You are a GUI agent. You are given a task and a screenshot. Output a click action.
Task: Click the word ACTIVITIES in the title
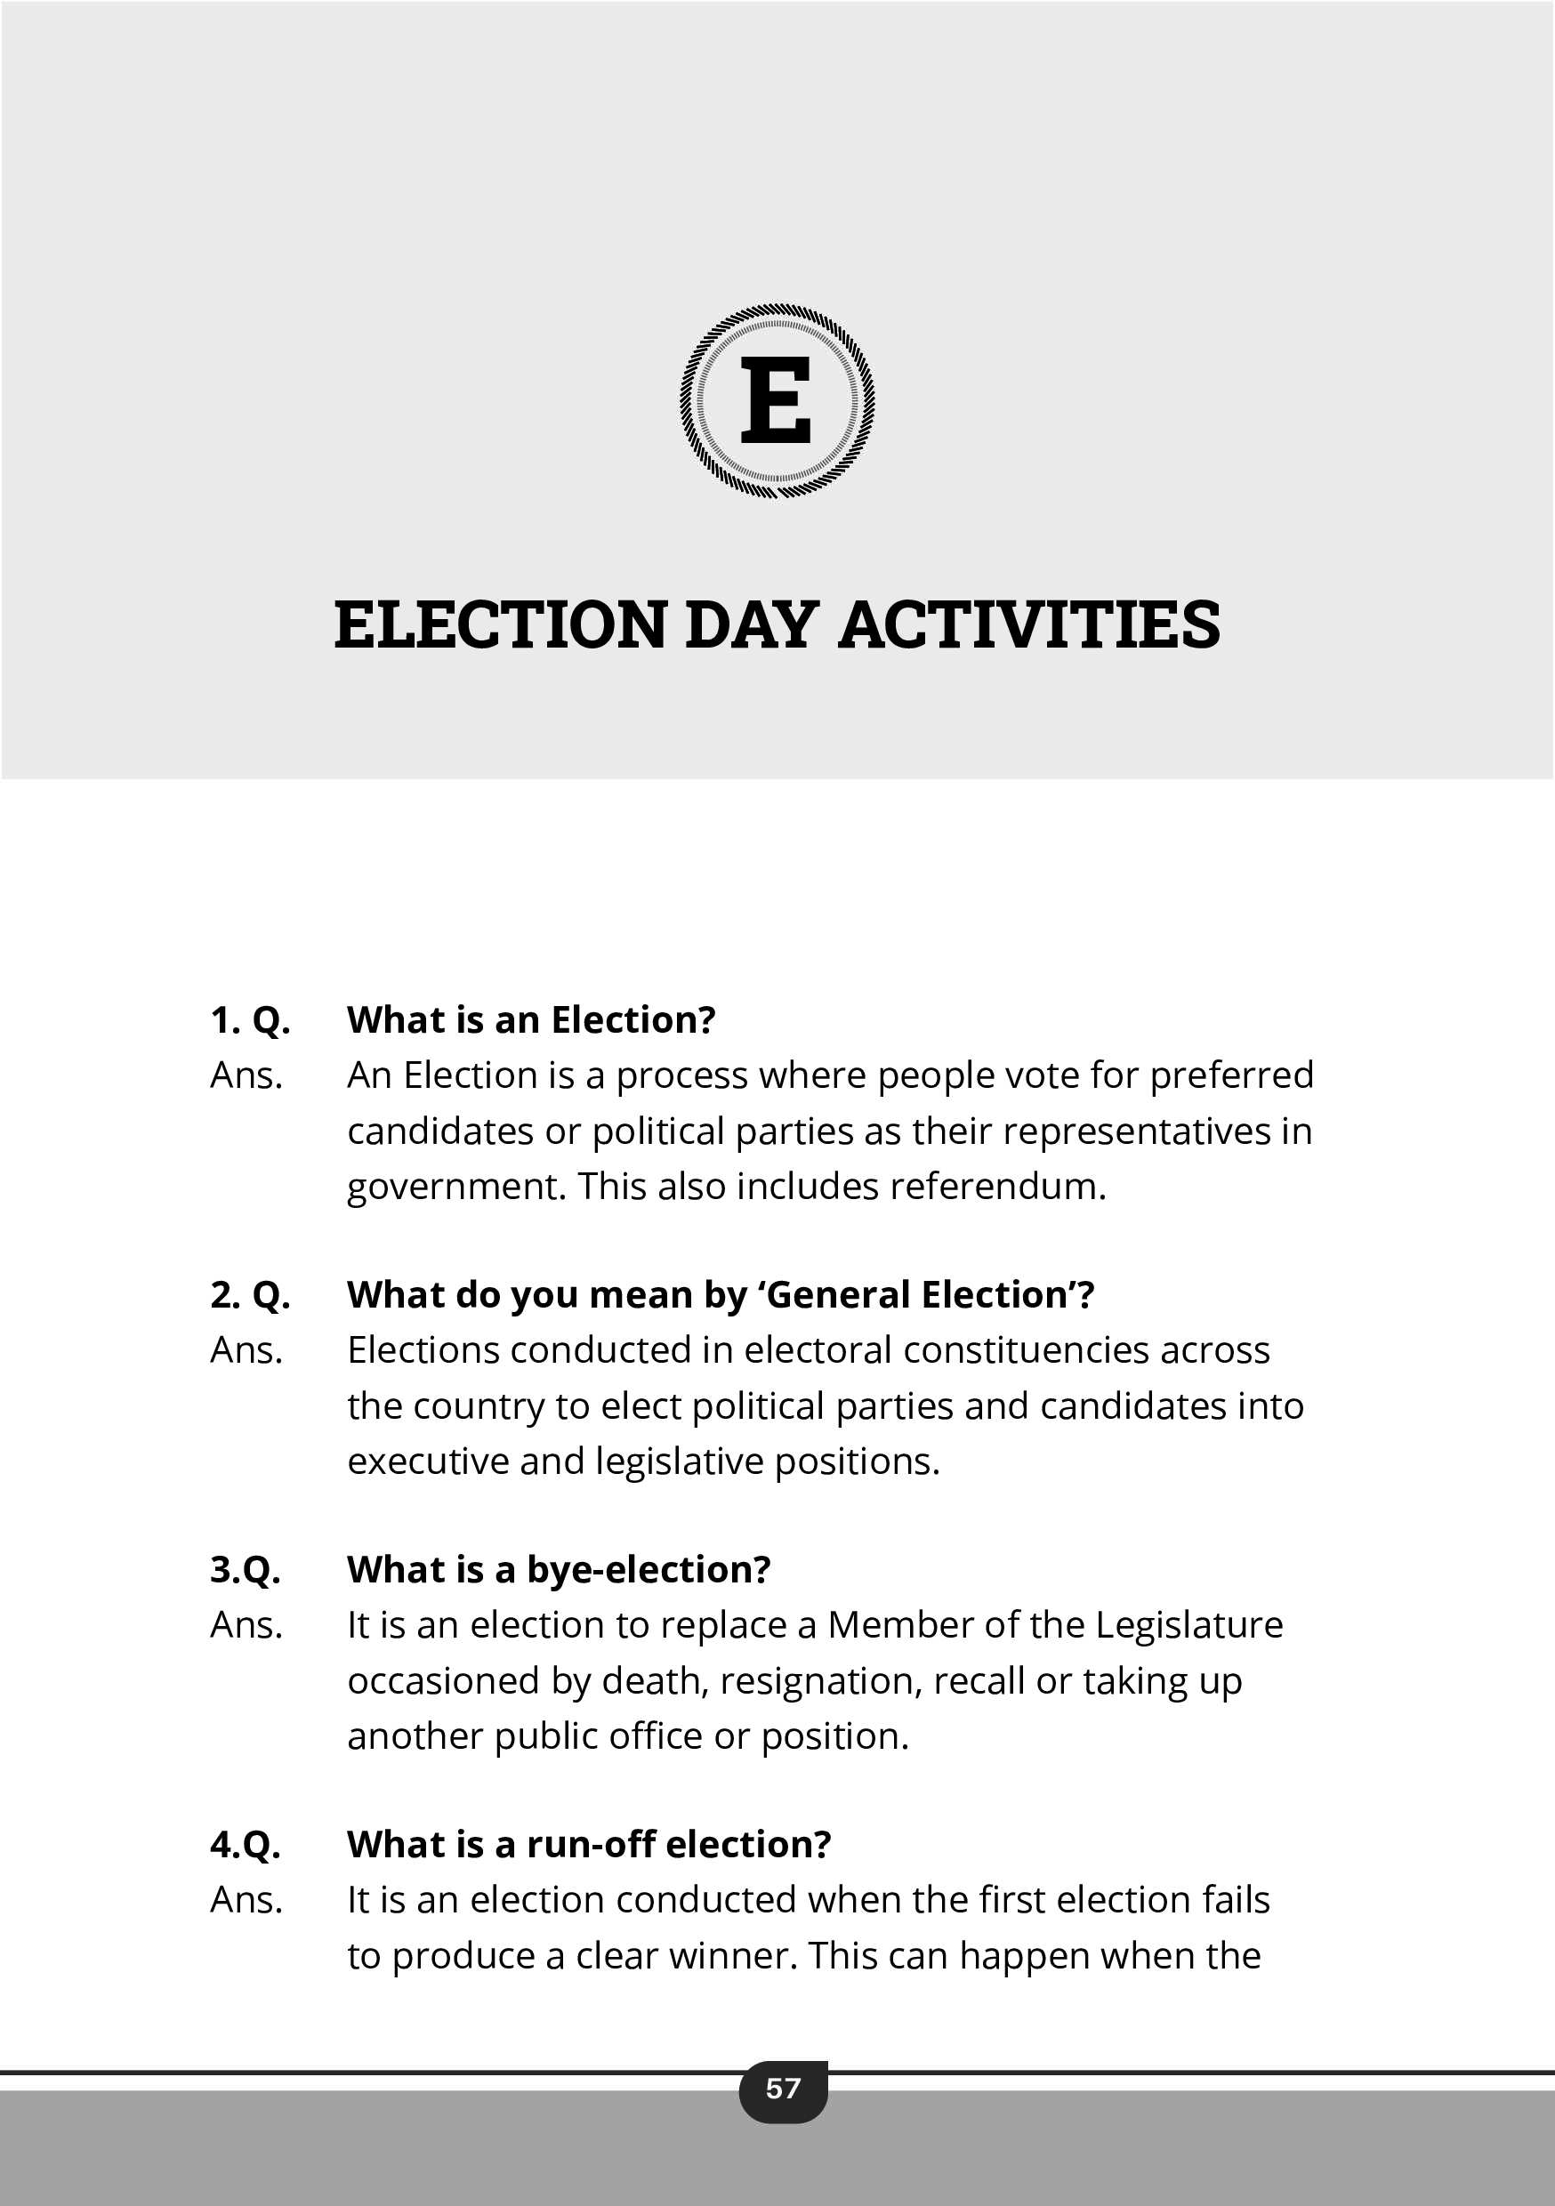1029,624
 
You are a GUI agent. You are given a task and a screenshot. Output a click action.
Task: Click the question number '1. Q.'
250,1020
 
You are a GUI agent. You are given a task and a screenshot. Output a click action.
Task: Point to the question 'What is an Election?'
530,1020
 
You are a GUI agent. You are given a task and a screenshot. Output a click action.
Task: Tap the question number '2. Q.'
250,1295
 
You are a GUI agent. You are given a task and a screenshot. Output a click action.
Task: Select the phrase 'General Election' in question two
919,1295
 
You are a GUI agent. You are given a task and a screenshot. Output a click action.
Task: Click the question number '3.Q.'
245,1570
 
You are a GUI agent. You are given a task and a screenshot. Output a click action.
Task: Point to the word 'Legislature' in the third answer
1188,1626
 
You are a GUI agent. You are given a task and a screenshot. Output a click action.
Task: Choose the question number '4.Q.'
245,1845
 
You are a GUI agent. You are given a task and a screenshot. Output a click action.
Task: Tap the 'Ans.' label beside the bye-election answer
246,1626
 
